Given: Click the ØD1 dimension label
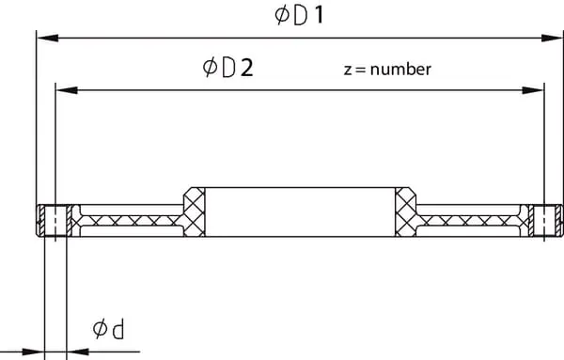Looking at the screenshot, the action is point(299,16).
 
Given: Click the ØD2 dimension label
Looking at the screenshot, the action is point(228,68).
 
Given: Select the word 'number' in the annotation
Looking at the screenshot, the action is point(400,70).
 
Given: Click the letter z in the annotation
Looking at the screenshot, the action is point(347,70).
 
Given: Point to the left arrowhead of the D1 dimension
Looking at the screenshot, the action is point(48,38).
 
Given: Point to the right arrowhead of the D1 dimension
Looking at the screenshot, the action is point(552,38).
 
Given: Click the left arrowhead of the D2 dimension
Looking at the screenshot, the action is point(67,90).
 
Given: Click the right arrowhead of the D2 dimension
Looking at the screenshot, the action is point(533,90).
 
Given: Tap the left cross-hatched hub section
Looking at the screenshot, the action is point(195,212).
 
